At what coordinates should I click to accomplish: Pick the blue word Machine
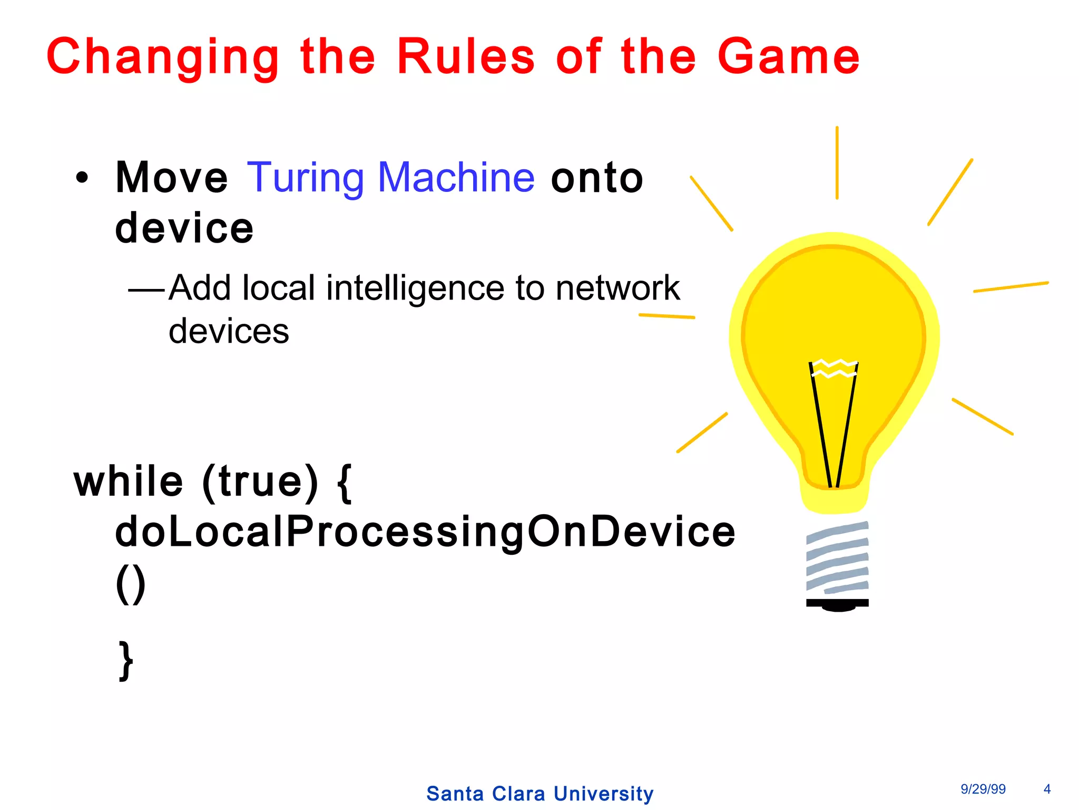(x=456, y=177)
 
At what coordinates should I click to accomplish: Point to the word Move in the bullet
(x=172, y=178)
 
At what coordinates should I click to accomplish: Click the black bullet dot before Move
(x=82, y=178)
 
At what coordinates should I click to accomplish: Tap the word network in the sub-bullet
(x=617, y=288)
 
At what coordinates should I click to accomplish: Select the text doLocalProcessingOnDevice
(x=425, y=531)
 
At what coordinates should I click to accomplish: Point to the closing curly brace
(x=126, y=661)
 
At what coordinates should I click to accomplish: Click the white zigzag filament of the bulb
(x=834, y=368)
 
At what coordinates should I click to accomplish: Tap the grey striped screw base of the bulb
(x=837, y=558)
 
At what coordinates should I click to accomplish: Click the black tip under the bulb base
(x=838, y=605)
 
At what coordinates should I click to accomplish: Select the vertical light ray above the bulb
(x=837, y=163)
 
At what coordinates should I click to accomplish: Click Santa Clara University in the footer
(x=539, y=793)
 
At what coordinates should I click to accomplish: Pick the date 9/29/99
(x=983, y=789)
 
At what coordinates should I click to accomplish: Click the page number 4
(x=1047, y=789)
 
